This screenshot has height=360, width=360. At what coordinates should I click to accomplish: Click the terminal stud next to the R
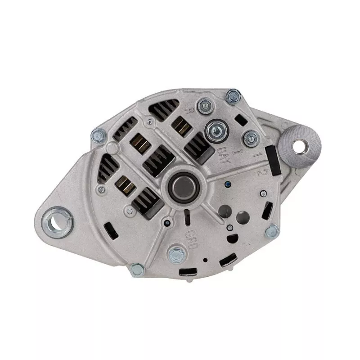205,107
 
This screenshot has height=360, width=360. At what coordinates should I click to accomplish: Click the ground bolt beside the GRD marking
175,254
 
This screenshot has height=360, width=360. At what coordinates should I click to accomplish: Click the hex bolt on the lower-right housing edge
272,232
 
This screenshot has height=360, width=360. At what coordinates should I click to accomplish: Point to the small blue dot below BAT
228,184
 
